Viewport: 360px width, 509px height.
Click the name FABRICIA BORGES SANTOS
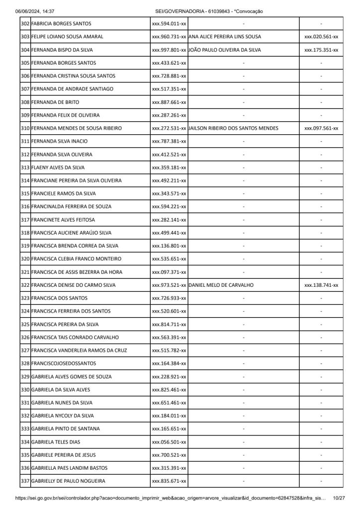point(61,24)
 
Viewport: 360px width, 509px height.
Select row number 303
point(25,37)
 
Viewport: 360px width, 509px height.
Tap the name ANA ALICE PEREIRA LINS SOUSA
point(225,37)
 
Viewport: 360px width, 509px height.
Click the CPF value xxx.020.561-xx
point(321,37)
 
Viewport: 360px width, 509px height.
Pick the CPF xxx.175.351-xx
point(321,50)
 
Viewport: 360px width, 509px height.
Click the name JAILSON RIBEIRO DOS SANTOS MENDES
point(234,128)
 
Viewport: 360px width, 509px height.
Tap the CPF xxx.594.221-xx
point(169,207)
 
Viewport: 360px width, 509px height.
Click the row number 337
point(25,481)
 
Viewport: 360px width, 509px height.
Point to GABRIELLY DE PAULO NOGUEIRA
point(68,481)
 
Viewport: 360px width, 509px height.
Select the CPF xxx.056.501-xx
point(169,442)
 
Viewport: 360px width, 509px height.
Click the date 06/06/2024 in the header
point(28,11)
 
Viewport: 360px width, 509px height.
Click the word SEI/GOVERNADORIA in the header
point(177,11)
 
